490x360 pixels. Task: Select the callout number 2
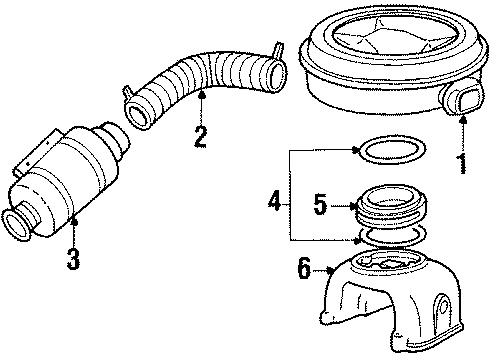(x=200, y=135)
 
